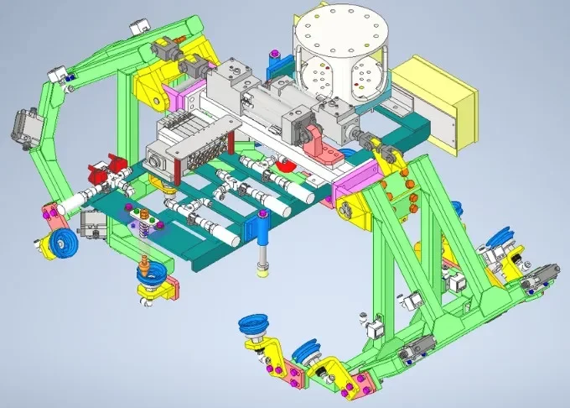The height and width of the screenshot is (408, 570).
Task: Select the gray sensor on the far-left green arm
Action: coord(20,127)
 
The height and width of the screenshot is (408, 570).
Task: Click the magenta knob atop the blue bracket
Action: coord(272,57)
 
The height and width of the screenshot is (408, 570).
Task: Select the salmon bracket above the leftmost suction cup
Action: coord(54,221)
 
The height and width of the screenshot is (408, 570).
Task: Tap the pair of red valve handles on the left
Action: coord(105,175)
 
